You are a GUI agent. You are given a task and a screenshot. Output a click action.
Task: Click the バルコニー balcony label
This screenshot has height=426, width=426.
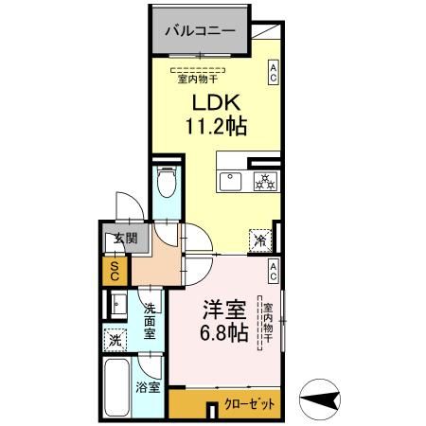pos(200,31)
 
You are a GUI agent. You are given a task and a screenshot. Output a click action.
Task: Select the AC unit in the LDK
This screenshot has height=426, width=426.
pos(273,72)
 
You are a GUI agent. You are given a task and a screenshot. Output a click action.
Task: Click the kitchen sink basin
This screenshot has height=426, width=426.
pos(230,181)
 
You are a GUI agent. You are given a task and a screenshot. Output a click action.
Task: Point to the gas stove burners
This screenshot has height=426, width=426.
pos(263,181)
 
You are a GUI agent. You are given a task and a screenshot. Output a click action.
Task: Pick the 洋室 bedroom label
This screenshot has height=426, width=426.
pos(225,311)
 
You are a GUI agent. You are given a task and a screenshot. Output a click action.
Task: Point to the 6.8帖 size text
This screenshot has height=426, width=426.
pos(225,334)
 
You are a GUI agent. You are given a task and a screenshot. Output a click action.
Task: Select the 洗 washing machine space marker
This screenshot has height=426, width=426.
pos(115,339)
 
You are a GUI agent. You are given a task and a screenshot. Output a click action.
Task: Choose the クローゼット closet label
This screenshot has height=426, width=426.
pos(250,403)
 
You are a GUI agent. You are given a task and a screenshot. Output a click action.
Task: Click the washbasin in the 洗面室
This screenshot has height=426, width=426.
pos(117,304)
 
